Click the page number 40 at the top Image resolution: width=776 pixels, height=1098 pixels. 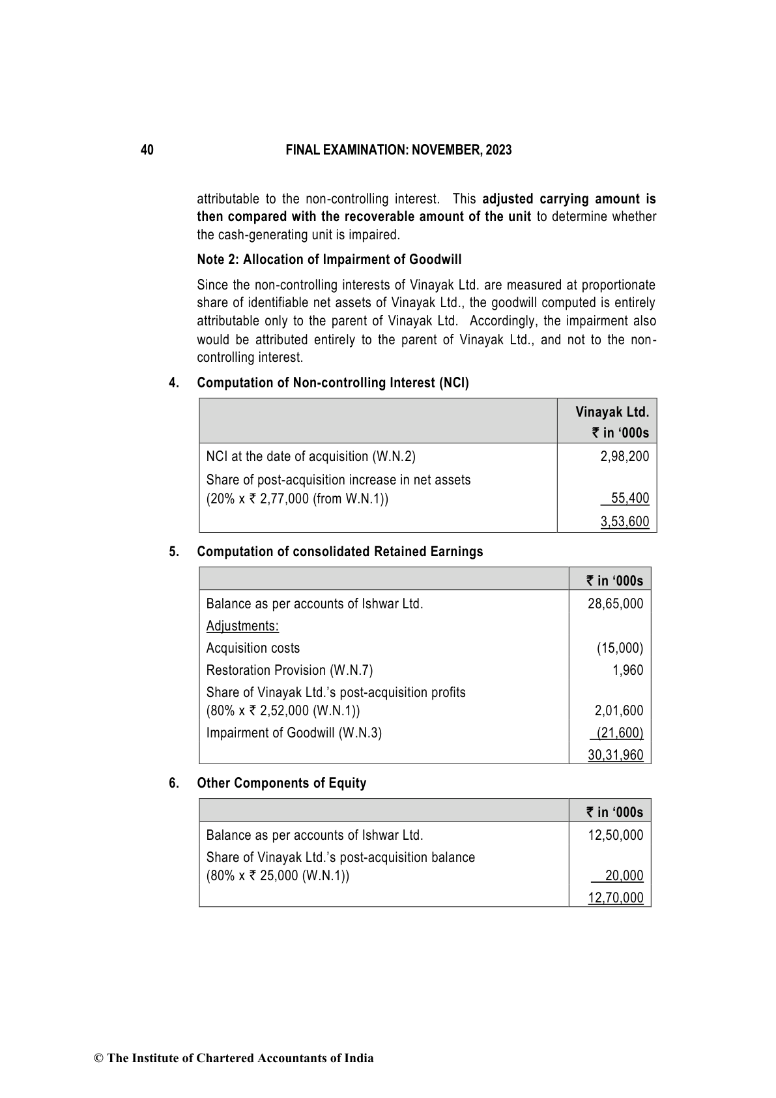tap(147, 150)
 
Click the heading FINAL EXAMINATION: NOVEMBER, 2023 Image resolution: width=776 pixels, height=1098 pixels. tap(399, 150)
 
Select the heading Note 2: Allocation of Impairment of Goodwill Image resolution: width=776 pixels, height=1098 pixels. tap(329, 260)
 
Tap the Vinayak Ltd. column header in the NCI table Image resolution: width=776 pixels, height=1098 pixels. tap(612, 412)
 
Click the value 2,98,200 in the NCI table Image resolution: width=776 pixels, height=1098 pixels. tap(624, 456)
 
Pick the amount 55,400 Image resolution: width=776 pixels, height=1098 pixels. tap(629, 499)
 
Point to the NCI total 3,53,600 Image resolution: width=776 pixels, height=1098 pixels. tap(624, 522)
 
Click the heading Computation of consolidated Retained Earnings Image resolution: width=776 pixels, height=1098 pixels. tap(339, 552)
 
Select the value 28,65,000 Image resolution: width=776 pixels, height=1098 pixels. tap(615, 604)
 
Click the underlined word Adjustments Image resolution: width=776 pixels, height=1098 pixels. tap(242, 626)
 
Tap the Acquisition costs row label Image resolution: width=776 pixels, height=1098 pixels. tap(253, 648)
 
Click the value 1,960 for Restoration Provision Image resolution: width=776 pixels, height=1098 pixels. tap(627, 670)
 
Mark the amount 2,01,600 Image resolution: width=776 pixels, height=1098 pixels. tap(618, 711)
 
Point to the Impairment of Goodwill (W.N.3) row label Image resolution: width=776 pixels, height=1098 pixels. tap(294, 733)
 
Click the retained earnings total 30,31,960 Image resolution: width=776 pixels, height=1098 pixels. tap(615, 755)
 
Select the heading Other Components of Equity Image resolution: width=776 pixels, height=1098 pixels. tap(281, 783)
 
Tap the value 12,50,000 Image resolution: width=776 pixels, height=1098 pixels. tap(615, 835)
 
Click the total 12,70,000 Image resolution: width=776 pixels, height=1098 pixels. tap(615, 898)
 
